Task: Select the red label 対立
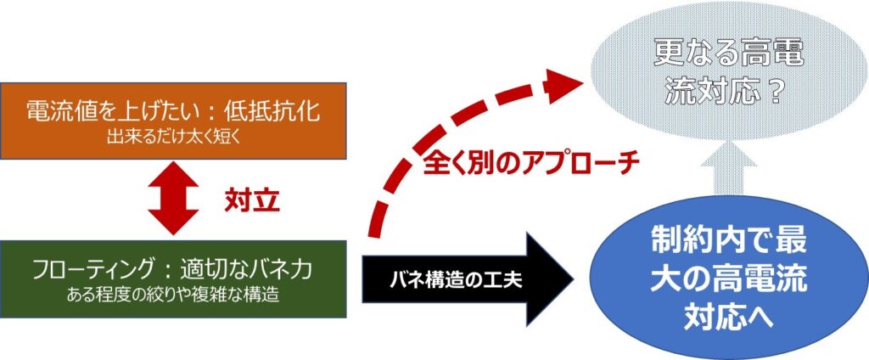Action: [252, 201]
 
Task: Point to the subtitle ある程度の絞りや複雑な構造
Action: [174, 296]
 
